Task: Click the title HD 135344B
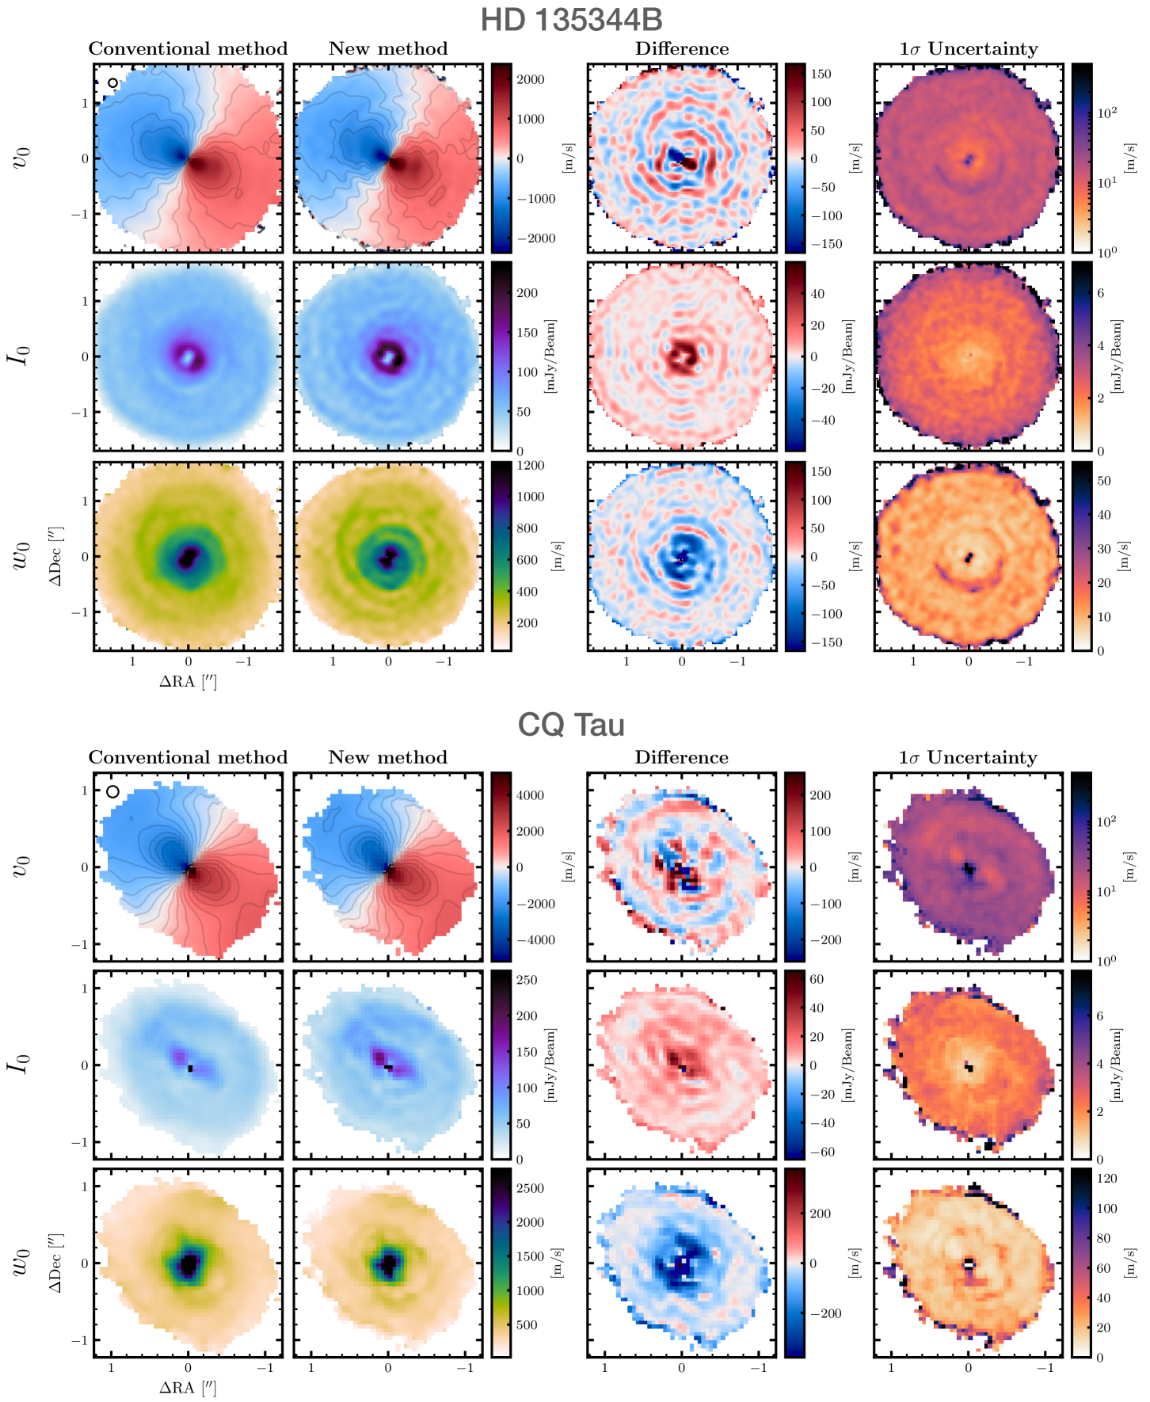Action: (571, 20)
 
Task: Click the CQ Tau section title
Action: (571, 725)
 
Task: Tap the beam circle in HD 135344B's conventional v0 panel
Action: (113, 82)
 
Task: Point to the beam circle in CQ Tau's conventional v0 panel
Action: (113, 791)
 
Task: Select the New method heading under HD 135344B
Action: (388, 49)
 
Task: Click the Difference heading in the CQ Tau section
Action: (681, 758)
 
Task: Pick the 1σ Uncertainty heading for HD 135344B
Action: (969, 49)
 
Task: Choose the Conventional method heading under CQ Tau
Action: (188, 758)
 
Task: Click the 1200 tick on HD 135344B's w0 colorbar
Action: (531, 466)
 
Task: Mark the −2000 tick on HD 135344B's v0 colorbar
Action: (536, 238)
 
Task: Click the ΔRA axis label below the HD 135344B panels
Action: (188, 681)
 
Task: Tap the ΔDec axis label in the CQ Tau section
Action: (55, 1263)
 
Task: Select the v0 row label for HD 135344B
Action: (23, 158)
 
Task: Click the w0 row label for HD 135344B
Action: (21, 556)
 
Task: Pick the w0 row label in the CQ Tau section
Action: (21, 1263)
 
